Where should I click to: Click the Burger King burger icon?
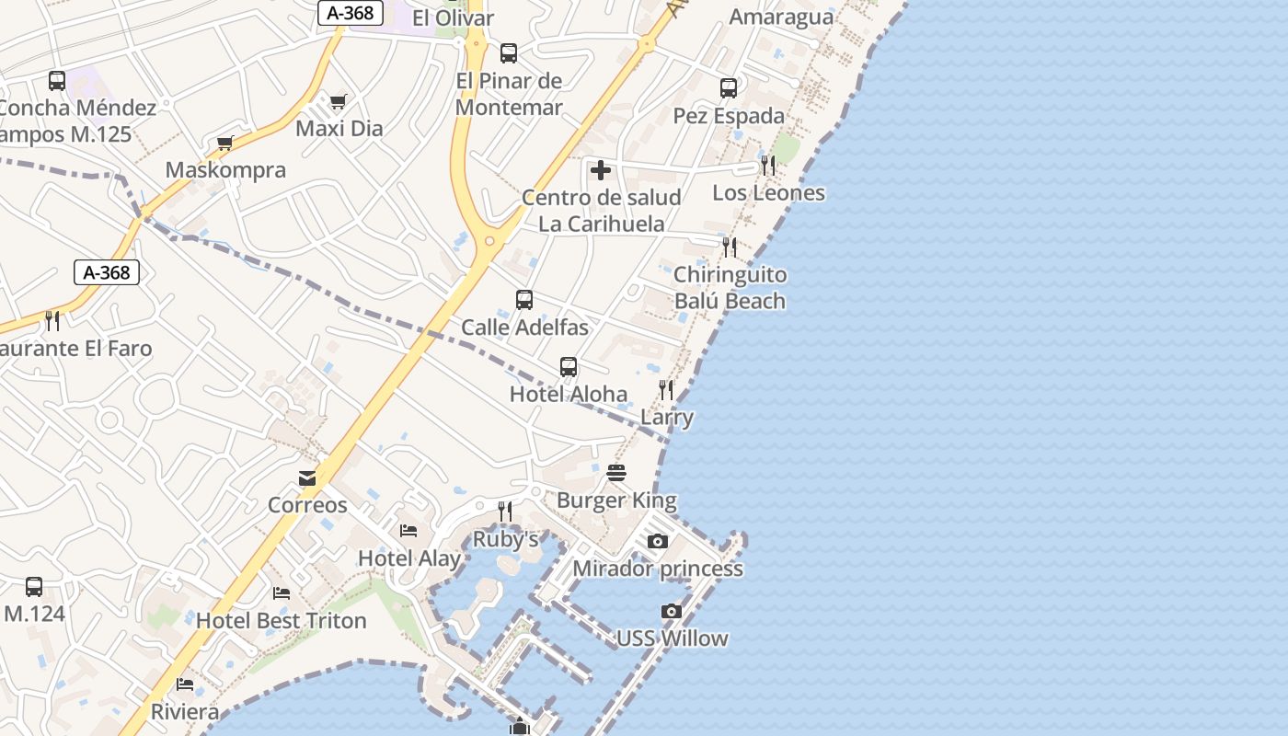[x=616, y=473]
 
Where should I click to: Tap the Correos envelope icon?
[x=307, y=478]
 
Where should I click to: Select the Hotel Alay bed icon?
[x=408, y=531]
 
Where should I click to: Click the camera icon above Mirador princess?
[x=657, y=541]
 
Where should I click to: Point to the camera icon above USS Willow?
[x=672, y=611]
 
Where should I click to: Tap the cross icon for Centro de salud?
[x=601, y=170]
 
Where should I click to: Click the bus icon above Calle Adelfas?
[x=524, y=300]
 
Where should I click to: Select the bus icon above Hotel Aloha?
[x=569, y=367]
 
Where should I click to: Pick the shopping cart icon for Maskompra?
[x=225, y=143]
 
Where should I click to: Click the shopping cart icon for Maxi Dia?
[x=339, y=101]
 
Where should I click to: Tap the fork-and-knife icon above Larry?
[x=666, y=390]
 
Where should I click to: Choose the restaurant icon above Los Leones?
[x=768, y=166]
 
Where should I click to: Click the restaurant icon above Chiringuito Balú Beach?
[x=730, y=247]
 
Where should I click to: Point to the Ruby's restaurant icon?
[x=505, y=512]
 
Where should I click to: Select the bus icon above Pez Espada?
[x=729, y=88]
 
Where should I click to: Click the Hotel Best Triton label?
[x=282, y=621]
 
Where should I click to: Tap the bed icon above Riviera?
[x=185, y=684]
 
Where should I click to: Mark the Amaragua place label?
[x=781, y=17]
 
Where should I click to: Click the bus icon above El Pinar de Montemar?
[x=509, y=53]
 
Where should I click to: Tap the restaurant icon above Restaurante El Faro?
[x=52, y=321]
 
